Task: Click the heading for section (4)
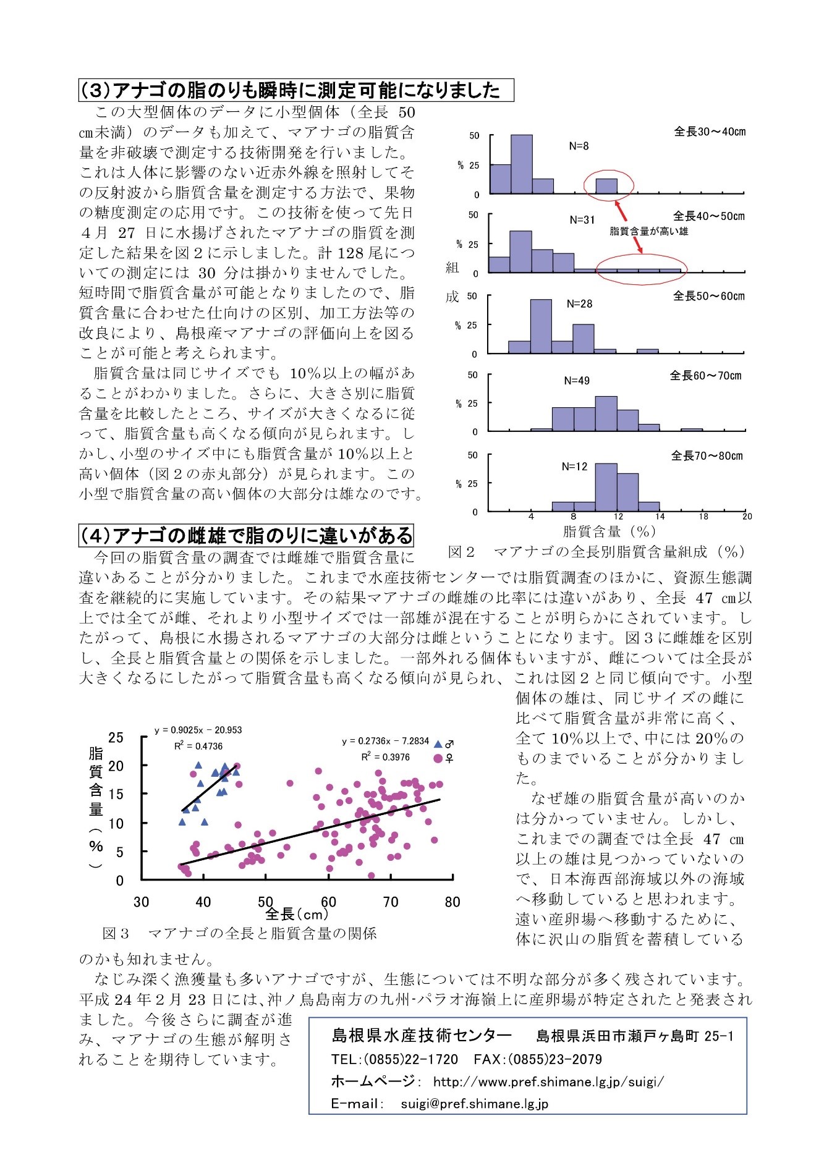(x=245, y=535)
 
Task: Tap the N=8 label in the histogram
(x=579, y=146)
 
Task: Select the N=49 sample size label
(x=577, y=381)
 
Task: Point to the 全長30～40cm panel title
(x=709, y=132)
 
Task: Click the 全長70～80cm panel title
(x=707, y=456)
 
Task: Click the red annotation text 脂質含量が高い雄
(x=648, y=231)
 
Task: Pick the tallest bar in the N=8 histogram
(x=522, y=164)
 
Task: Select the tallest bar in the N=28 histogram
(x=541, y=326)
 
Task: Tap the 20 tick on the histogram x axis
(x=747, y=517)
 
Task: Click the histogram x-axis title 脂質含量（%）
(x=610, y=531)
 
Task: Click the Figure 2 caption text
(x=597, y=552)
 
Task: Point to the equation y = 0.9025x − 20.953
(x=198, y=730)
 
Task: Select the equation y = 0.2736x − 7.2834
(x=385, y=741)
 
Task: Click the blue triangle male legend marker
(x=438, y=745)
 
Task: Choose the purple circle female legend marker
(x=438, y=758)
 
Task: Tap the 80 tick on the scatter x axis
(x=452, y=902)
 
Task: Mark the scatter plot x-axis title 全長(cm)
(x=297, y=913)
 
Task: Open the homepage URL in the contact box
(x=548, y=1081)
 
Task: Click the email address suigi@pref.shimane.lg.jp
(x=474, y=1104)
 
